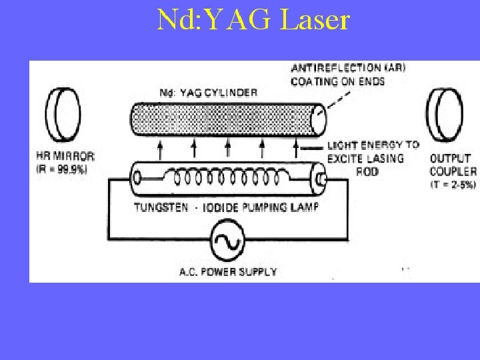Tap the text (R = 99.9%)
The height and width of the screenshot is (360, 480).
[59, 169]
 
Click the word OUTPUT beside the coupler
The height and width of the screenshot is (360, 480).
[450, 159]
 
